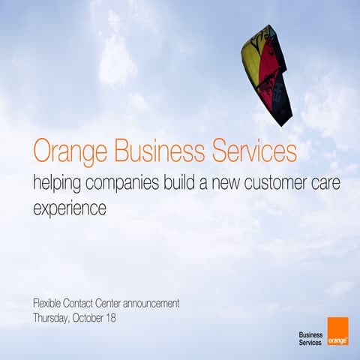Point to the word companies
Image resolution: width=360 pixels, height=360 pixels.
point(124,183)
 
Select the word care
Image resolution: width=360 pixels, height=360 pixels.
point(338,182)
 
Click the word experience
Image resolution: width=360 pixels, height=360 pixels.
point(70,208)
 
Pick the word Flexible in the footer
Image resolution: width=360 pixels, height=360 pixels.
point(49,304)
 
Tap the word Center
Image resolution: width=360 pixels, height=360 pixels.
point(124,304)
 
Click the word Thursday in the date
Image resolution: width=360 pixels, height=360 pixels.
point(52,318)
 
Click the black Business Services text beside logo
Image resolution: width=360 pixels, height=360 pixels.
point(310,338)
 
